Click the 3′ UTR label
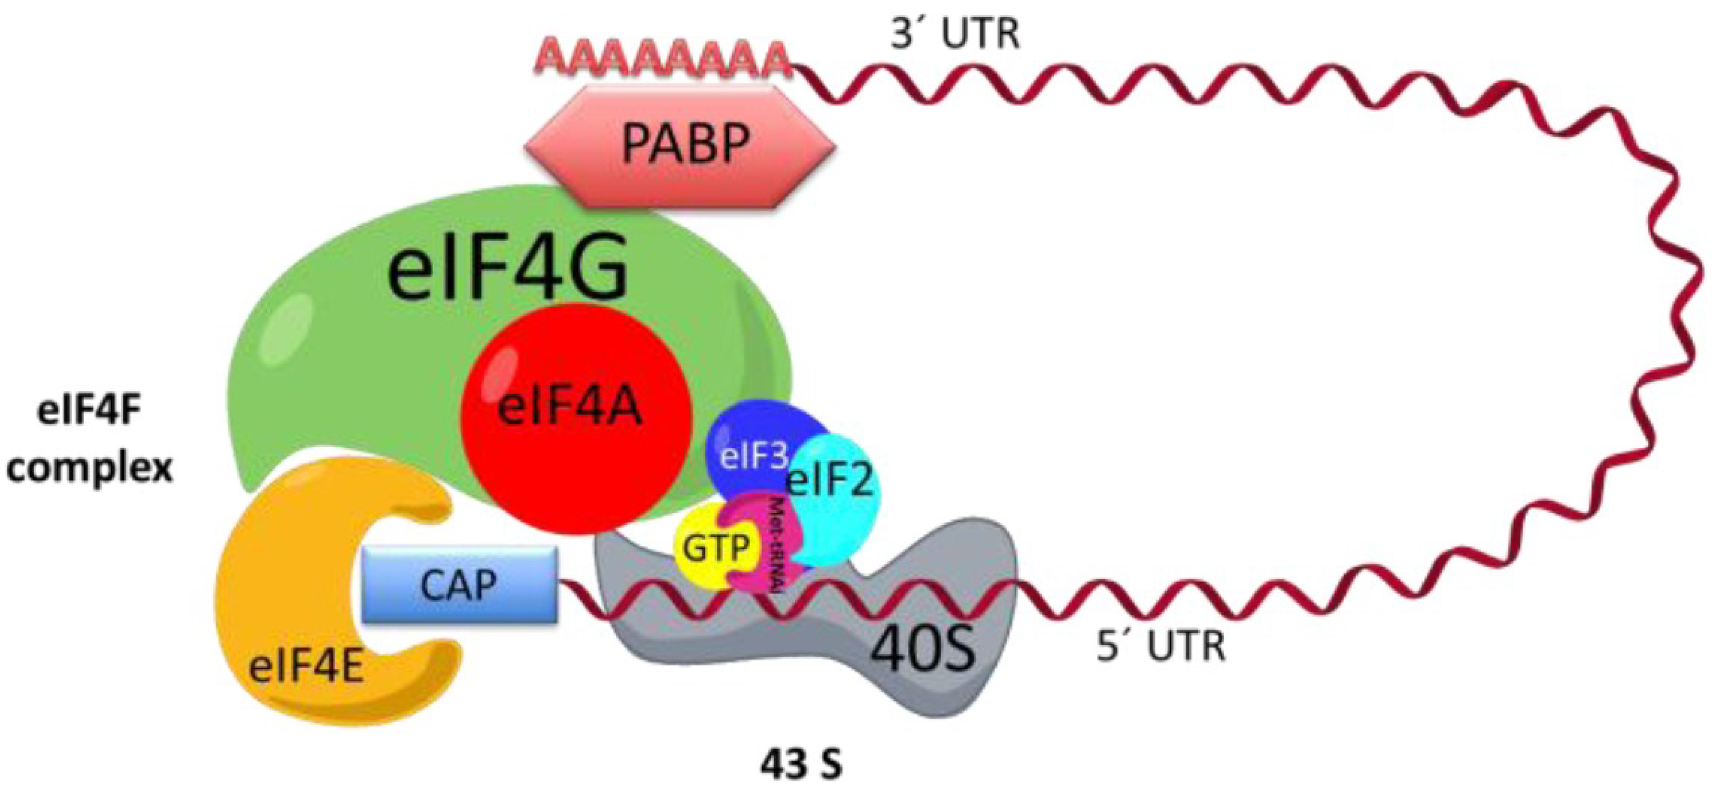pos(954,35)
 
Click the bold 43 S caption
pos(801,764)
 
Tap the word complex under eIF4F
pos(90,469)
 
